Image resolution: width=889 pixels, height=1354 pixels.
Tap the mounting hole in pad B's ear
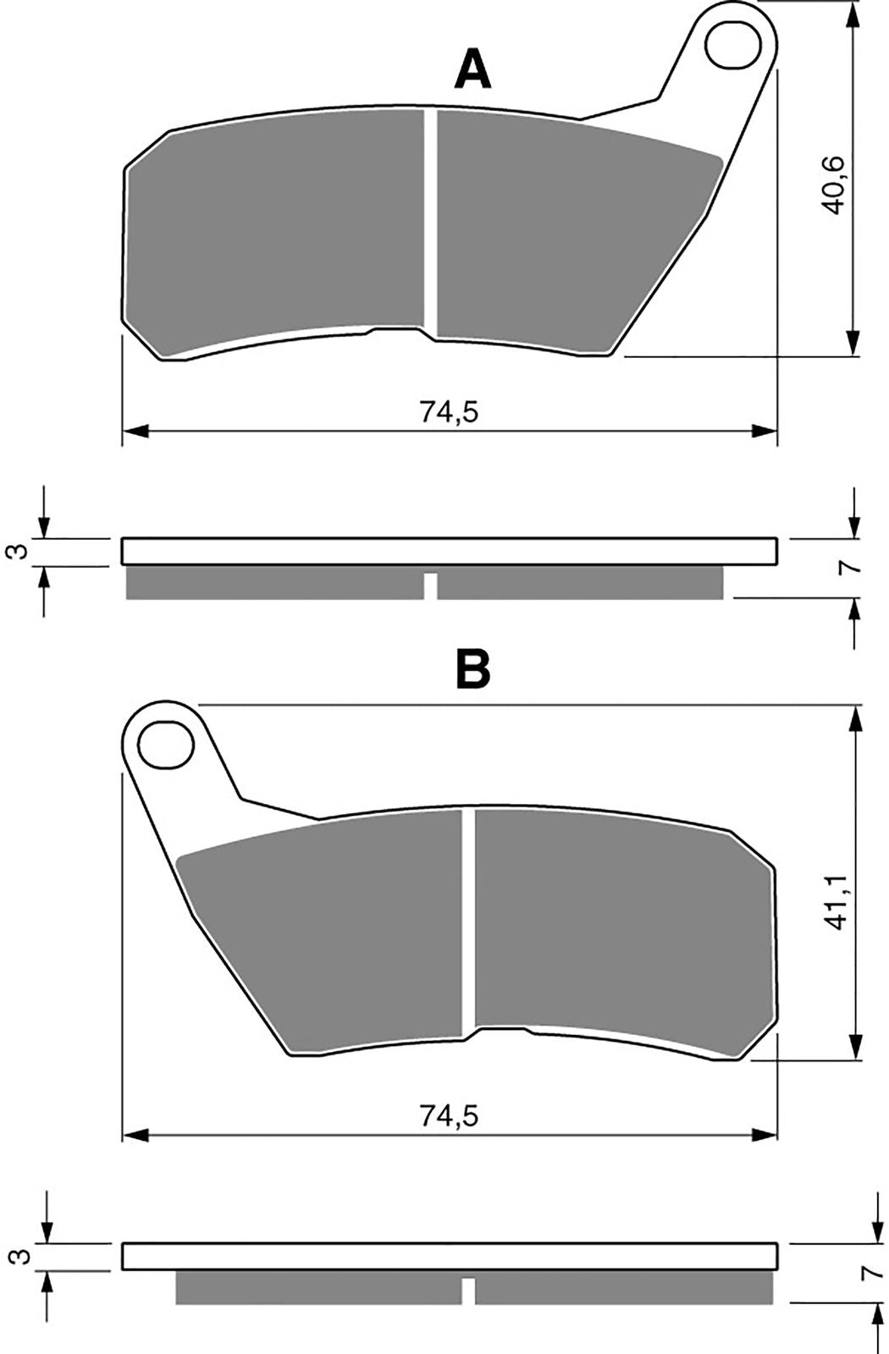pyautogui.click(x=166, y=744)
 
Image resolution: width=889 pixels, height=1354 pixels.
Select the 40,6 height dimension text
pyautogui.click(x=834, y=185)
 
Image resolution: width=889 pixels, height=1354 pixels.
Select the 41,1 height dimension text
pyautogui.click(x=835, y=901)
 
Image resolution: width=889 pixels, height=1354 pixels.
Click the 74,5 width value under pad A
pyautogui.click(x=449, y=412)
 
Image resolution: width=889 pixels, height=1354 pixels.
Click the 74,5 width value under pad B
pyautogui.click(x=449, y=1116)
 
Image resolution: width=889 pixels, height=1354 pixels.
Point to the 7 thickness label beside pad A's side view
pyautogui.click(x=852, y=567)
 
